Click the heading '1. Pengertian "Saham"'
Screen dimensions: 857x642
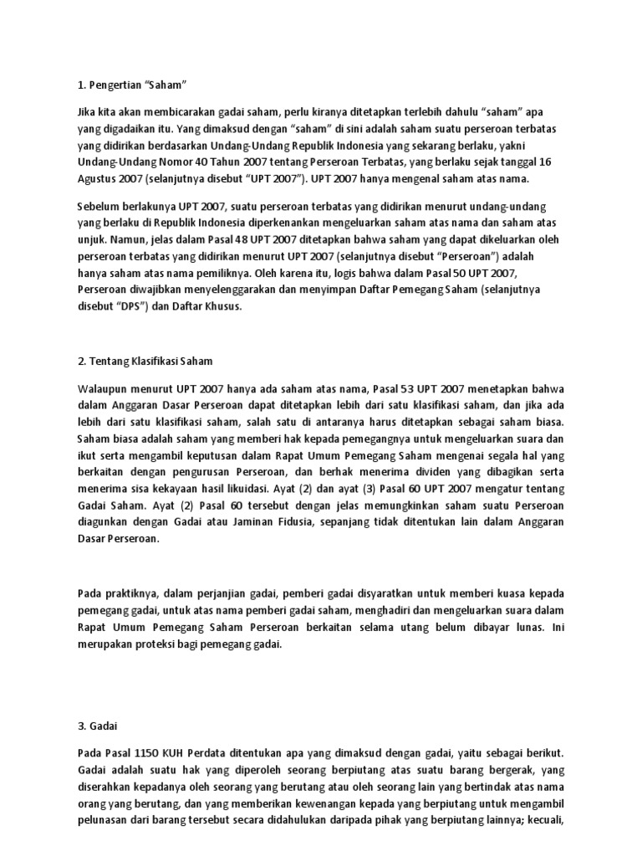click(130, 85)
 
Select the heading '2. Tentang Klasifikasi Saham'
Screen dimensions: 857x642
click(145, 362)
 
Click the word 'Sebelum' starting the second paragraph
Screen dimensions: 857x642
click(99, 207)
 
